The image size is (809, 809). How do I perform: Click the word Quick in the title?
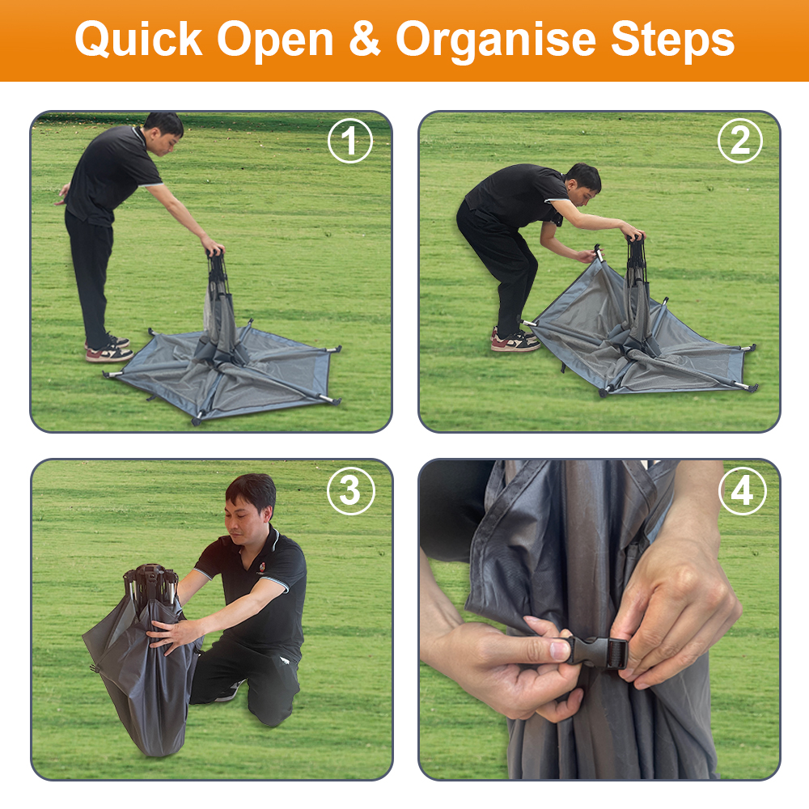(x=138, y=40)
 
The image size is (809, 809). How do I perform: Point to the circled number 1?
(x=350, y=141)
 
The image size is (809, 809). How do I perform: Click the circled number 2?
(x=740, y=141)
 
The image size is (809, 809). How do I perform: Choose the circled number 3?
(x=350, y=490)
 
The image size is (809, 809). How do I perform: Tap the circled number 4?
(x=741, y=490)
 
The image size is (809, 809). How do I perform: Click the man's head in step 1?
(x=164, y=132)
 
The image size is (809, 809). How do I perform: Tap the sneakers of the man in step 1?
(x=108, y=349)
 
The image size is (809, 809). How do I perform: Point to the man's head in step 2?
(x=583, y=184)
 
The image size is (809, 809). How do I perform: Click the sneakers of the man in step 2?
(x=515, y=340)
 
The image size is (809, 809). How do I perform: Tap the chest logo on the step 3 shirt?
(x=263, y=569)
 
